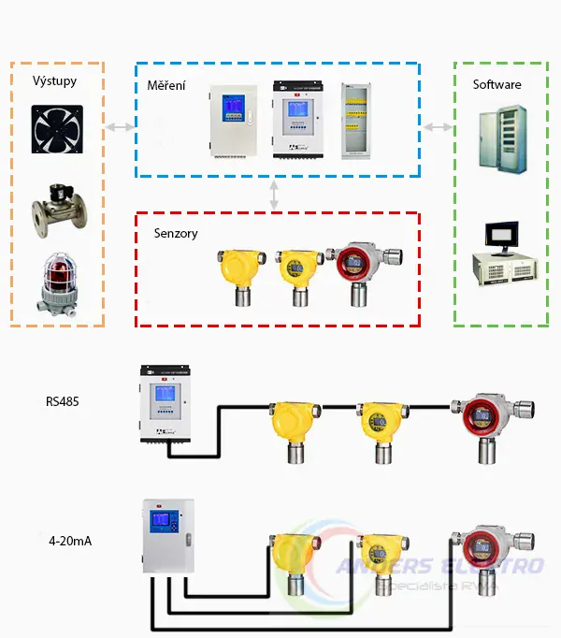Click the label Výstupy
tap(54, 81)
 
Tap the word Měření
tap(165, 86)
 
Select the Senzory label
tap(176, 233)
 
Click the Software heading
tap(496, 84)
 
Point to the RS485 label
tap(64, 402)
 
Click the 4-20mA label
tap(69, 541)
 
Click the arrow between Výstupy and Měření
tap(119, 126)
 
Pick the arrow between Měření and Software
tap(437, 126)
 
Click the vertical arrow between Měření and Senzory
tap(274, 195)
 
